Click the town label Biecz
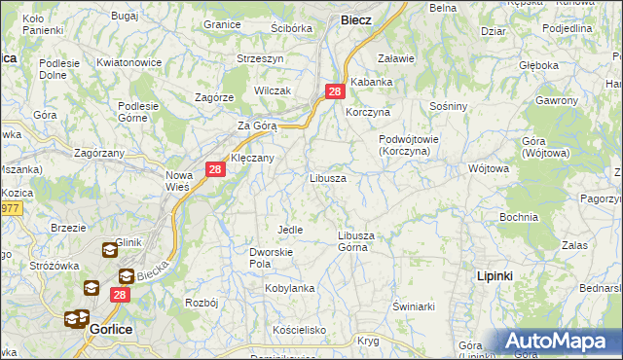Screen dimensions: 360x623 click(x=355, y=19)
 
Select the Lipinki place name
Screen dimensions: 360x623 click(x=495, y=276)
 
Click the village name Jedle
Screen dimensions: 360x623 click(x=290, y=230)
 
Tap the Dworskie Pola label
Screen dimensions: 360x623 click(x=266, y=257)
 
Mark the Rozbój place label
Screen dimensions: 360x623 click(x=200, y=303)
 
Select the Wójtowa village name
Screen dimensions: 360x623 click(x=489, y=168)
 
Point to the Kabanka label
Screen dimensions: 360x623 click(x=371, y=82)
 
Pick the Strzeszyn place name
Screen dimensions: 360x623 click(x=260, y=58)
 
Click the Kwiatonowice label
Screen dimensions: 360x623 click(x=128, y=62)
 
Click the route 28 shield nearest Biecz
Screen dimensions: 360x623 click(x=334, y=91)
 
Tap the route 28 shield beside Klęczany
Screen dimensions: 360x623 click(x=216, y=169)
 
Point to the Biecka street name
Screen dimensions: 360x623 click(x=153, y=269)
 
